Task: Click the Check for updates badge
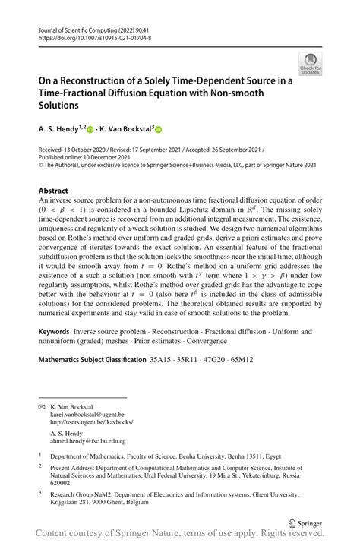[x=311, y=64]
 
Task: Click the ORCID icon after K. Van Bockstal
[x=159, y=131]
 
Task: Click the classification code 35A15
[x=159, y=357]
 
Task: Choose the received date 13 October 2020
[x=98, y=151]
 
